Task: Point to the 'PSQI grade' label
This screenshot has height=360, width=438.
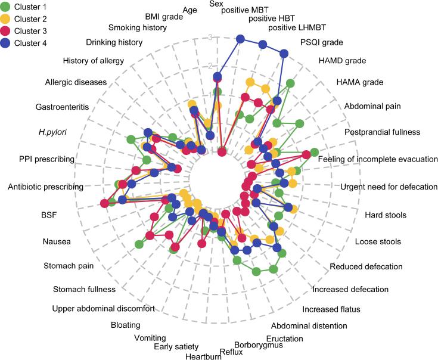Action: [x=321, y=44]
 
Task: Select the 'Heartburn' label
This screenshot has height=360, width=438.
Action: [x=199, y=357]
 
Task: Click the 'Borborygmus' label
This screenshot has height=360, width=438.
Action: [x=254, y=345]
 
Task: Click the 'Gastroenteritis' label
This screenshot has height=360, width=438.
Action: [x=62, y=107]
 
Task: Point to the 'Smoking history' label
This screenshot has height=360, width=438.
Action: [x=137, y=27]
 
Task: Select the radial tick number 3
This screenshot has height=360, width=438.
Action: [x=210, y=38]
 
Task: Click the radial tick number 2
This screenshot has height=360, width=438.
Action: [x=210, y=66]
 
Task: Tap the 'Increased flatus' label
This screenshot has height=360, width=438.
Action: [x=331, y=309]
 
